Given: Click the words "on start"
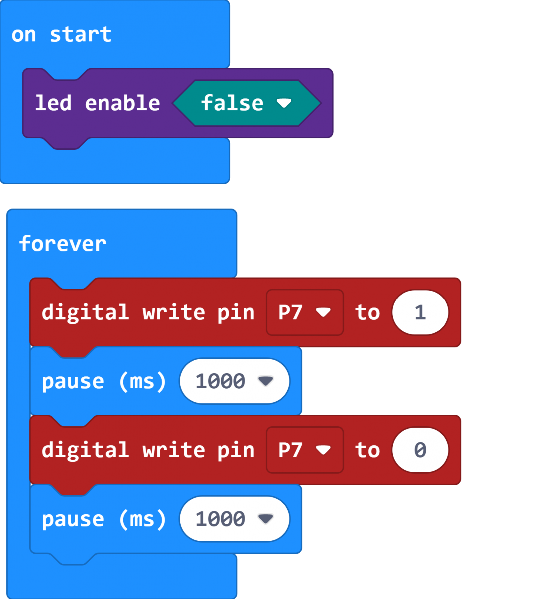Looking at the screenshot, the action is tap(61, 35).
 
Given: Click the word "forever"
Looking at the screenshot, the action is tap(63, 244).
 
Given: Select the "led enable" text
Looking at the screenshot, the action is tap(97, 103).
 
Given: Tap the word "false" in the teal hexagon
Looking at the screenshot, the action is tap(232, 103).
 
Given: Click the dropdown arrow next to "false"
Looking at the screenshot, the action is tap(284, 103).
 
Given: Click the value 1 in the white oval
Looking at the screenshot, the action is tap(420, 312).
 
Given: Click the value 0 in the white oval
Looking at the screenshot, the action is tap(420, 450).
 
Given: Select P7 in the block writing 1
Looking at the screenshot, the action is tap(290, 312).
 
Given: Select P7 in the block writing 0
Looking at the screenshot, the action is tap(290, 450).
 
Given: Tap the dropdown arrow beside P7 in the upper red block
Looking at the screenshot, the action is tap(323, 312).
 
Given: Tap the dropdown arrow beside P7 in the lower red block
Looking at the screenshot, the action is tap(323, 450).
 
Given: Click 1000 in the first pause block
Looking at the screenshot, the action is tap(220, 381).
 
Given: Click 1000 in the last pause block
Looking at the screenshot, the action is tap(220, 519).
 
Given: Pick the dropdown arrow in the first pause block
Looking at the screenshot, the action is tap(265, 381).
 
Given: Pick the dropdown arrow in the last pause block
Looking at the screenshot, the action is tap(265, 519).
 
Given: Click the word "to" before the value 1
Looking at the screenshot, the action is tap(368, 312).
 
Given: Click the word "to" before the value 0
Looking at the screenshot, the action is tap(368, 450).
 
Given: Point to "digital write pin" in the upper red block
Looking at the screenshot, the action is tap(148, 313).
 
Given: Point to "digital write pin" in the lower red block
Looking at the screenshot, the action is tap(148, 451).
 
